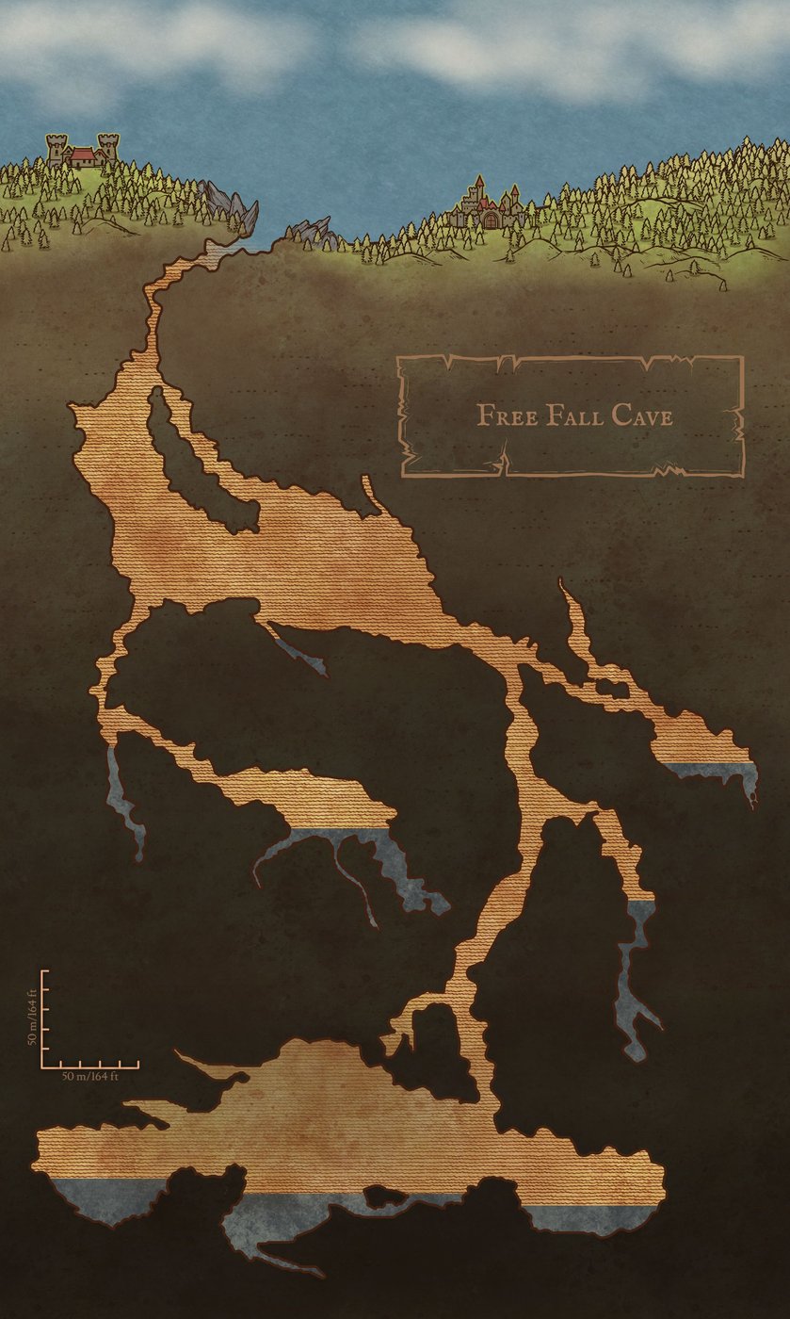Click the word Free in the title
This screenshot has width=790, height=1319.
tap(506, 415)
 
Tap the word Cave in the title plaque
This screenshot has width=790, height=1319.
tap(642, 415)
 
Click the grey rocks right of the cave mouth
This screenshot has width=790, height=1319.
tap(312, 231)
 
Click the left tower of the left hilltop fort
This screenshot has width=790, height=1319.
tap(56, 149)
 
